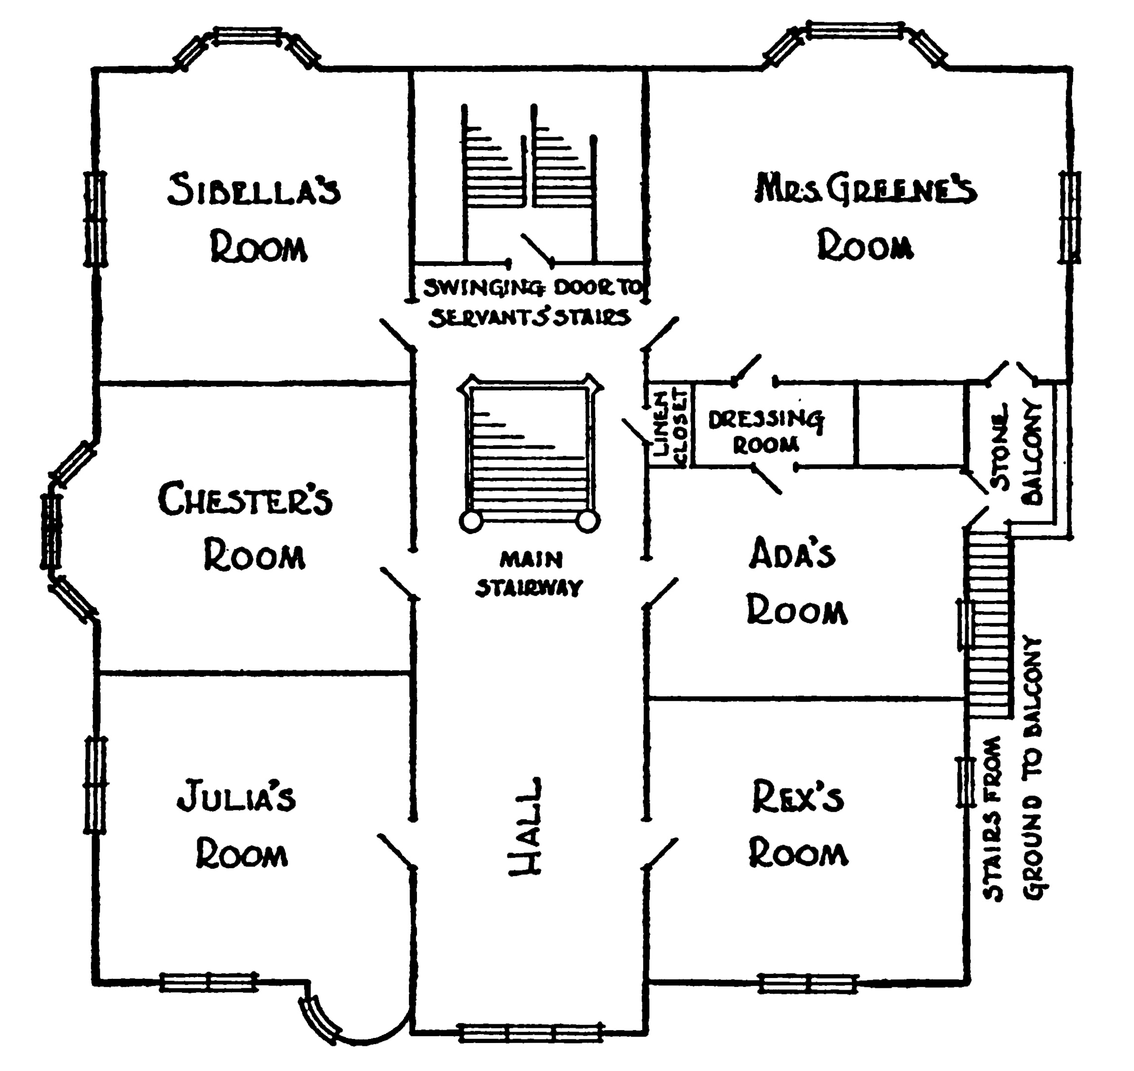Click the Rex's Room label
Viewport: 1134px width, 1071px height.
798,825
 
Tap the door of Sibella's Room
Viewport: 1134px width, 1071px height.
396,335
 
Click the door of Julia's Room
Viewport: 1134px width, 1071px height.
395,850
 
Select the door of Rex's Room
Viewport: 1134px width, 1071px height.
661,853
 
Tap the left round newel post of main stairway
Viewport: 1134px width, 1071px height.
470,521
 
